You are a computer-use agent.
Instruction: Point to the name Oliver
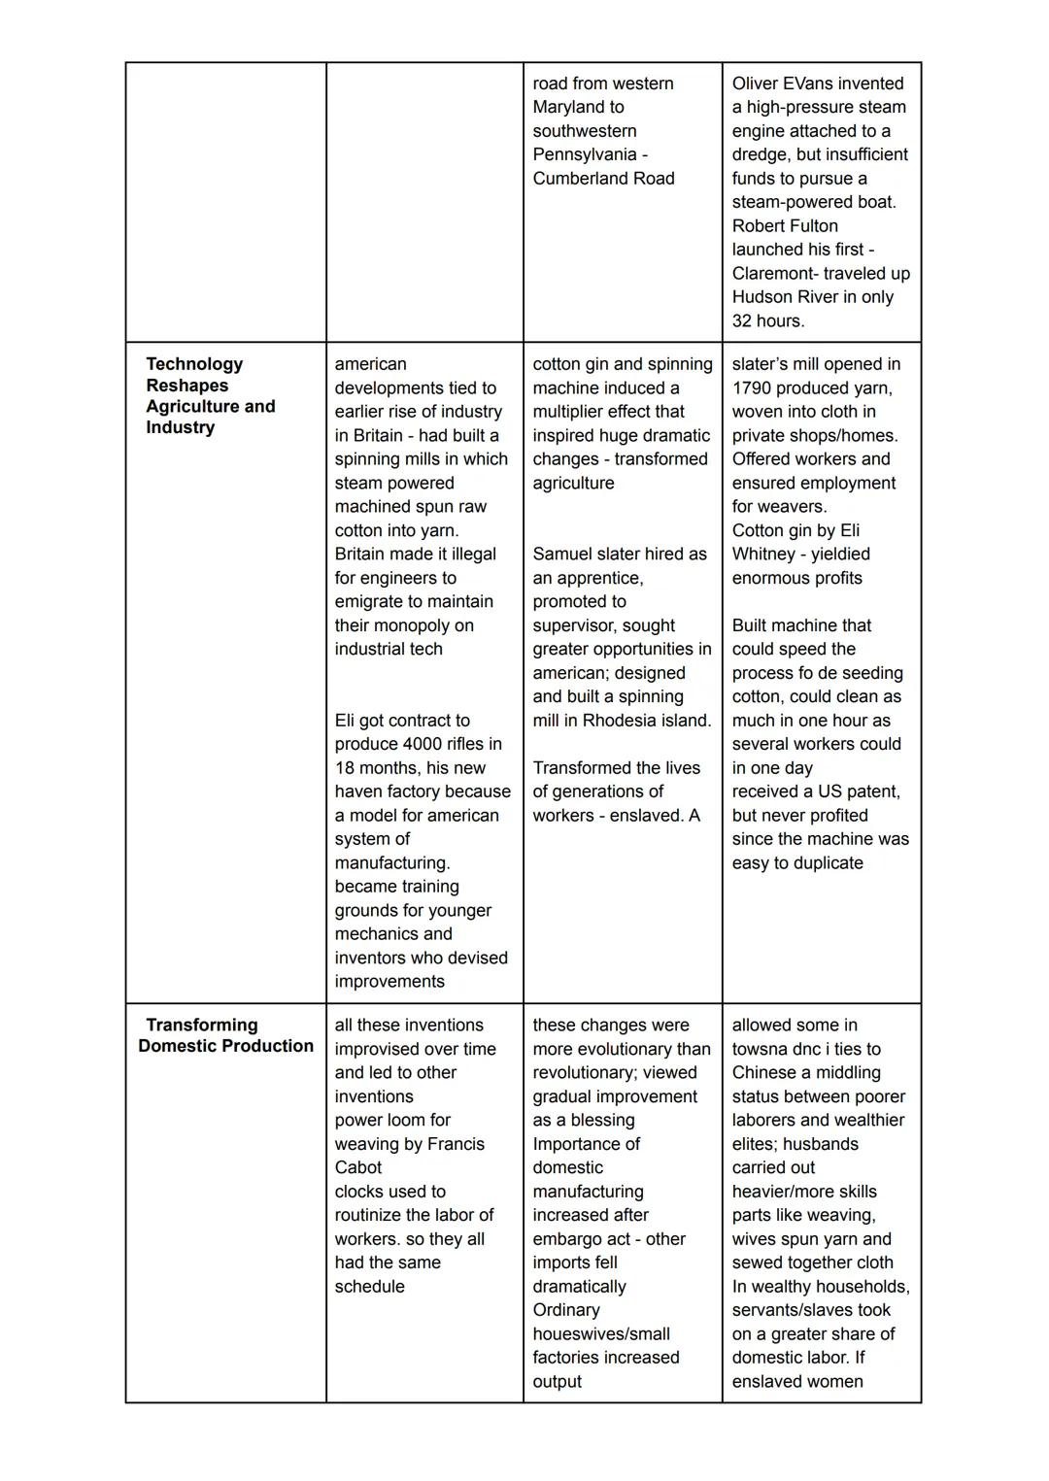coord(757,84)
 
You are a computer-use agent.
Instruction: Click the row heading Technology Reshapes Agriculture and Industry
coord(210,396)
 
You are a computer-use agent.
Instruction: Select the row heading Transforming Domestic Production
coord(225,1035)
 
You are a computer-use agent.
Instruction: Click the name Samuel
coord(562,555)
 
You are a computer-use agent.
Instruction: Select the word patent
coord(870,792)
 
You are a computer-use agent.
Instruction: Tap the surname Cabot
coord(358,1168)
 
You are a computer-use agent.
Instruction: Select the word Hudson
coord(763,297)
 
